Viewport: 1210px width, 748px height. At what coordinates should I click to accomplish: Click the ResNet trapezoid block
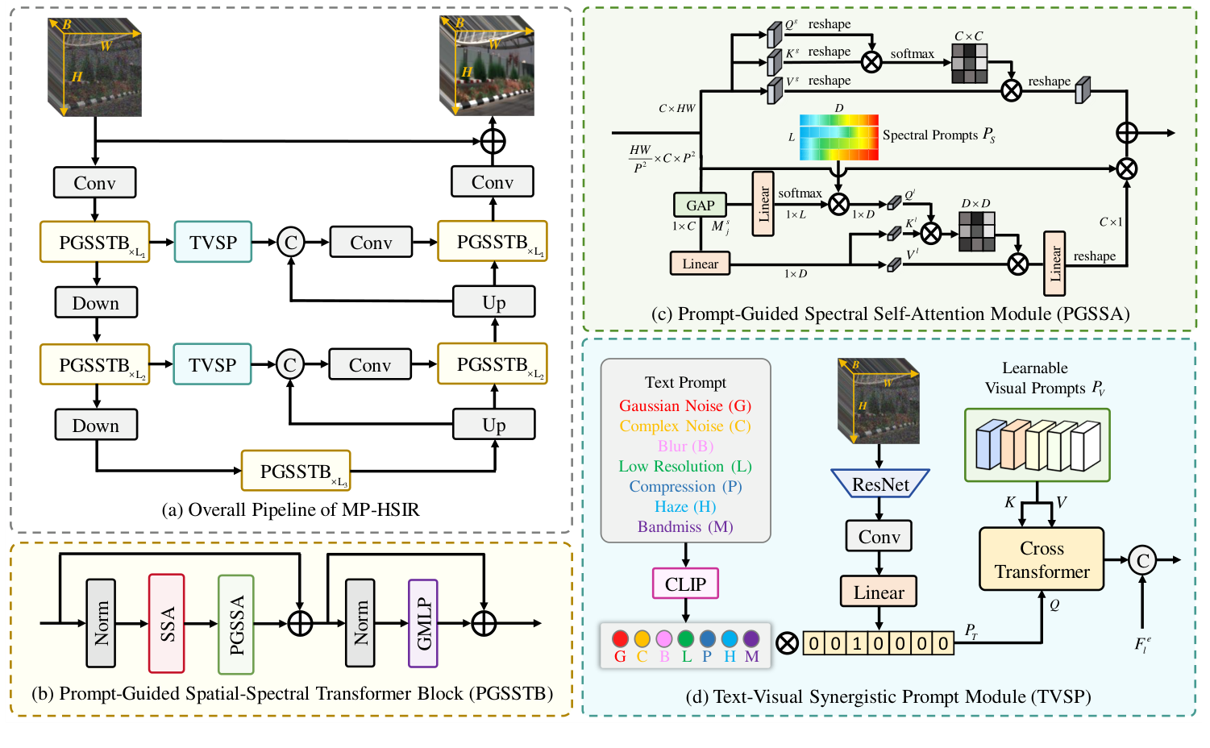(879, 484)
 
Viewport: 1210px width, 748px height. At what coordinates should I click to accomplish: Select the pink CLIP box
(685, 584)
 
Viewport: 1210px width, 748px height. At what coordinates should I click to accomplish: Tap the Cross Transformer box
(1042, 559)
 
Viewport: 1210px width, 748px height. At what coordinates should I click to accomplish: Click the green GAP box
(700, 205)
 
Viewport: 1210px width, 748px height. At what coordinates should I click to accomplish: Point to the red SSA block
(167, 623)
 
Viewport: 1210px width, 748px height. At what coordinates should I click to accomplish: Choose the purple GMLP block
(423, 623)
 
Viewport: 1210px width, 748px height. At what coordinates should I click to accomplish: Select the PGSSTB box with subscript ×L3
(296, 472)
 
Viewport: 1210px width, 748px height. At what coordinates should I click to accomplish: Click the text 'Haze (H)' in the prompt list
(685, 506)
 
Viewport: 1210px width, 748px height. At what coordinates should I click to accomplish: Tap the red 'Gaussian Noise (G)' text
(685, 405)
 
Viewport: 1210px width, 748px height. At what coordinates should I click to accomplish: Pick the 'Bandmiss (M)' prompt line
(685, 526)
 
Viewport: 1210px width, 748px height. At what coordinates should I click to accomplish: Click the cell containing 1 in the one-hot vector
(857, 643)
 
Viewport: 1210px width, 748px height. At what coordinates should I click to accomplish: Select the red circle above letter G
(620, 638)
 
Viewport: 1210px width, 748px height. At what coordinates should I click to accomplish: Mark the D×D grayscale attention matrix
(977, 231)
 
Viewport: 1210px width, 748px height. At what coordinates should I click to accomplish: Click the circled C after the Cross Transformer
(1142, 560)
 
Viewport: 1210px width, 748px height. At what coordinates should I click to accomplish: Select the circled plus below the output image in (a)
(493, 141)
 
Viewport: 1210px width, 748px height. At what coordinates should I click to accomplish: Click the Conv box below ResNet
(879, 537)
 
